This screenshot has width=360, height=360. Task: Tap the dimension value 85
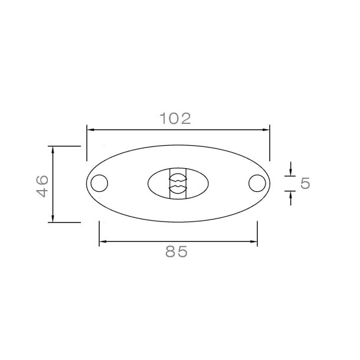(176, 252)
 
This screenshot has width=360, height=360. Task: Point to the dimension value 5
(306, 183)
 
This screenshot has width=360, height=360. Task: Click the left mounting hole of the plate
(99, 183)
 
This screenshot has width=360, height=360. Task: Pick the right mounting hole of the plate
(257, 183)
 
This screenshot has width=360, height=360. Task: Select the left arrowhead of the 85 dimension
(103, 241)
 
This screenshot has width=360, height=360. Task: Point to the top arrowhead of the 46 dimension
(53, 150)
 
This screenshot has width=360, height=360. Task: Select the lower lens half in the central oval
(177, 190)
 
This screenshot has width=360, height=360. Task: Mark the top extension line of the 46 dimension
(64, 145)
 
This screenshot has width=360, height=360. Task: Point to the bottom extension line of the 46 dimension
(64, 222)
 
